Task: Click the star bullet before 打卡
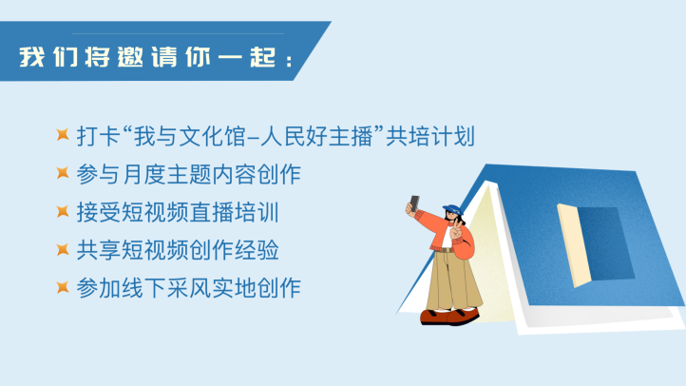click(x=63, y=135)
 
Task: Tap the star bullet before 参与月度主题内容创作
click(x=63, y=173)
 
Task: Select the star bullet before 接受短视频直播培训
click(x=63, y=211)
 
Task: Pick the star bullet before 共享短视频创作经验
click(x=63, y=249)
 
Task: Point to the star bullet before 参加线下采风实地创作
click(x=63, y=287)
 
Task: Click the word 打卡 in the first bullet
click(x=99, y=136)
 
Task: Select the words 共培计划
click(x=430, y=136)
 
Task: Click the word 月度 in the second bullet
click(x=143, y=174)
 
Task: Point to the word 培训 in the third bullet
click(x=257, y=212)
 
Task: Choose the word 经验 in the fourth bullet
click(x=257, y=250)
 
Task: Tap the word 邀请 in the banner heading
click(x=147, y=57)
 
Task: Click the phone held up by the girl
click(x=414, y=203)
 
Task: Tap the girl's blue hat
click(x=453, y=209)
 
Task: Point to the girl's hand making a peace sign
click(x=456, y=228)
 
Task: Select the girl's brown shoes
click(x=449, y=316)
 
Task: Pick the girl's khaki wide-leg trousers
click(x=452, y=280)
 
